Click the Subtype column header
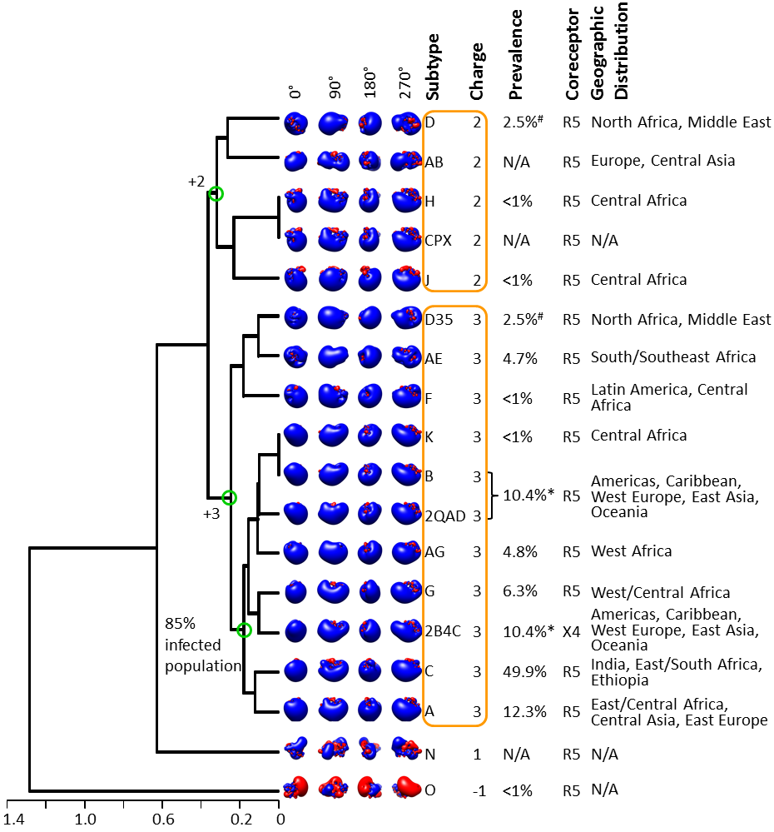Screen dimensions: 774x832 433,67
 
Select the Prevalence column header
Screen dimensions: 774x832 515,55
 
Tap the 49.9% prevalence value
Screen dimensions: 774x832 524,672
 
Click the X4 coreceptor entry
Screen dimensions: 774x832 572,631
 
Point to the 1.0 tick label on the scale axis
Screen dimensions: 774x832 86,820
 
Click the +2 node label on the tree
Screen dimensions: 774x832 196,182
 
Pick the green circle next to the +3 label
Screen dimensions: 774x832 229,498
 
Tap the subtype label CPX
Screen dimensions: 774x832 438,241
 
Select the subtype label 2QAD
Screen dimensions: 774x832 444,516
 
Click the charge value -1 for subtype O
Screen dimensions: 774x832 479,791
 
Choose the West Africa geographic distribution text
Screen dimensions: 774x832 632,551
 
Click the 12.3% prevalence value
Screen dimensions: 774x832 524,711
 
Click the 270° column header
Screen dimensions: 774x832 404,82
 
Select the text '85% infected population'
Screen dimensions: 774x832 203,645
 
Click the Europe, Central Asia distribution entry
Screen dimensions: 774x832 663,161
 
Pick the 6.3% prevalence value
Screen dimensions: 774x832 520,591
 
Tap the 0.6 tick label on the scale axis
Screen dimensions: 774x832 163,820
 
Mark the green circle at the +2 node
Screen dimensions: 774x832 216,194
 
